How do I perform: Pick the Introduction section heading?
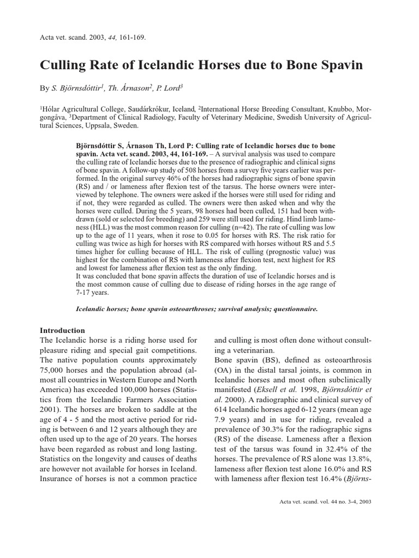pyautogui.click(x=63, y=330)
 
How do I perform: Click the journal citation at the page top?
pyautogui.click(x=93, y=38)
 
